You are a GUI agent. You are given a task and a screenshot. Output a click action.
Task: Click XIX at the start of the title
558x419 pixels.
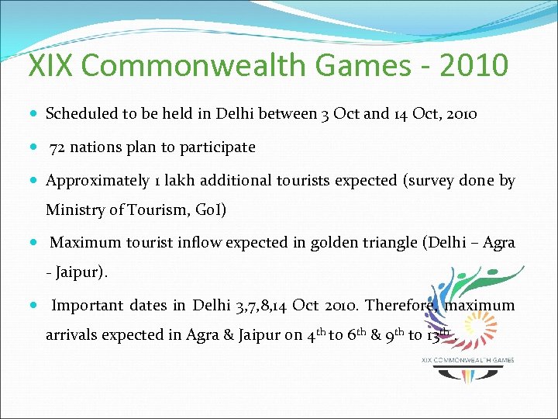click(51, 65)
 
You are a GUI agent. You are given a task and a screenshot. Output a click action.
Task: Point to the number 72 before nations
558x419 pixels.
click(57, 147)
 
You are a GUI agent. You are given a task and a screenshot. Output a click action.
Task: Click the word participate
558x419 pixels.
click(219, 147)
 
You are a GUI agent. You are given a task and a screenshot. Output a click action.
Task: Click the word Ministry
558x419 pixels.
click(74, 210)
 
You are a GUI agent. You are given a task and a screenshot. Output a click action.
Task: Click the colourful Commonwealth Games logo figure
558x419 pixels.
click(466, 310)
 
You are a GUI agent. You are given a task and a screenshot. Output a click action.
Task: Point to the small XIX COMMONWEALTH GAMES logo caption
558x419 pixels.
click(467, 360)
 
